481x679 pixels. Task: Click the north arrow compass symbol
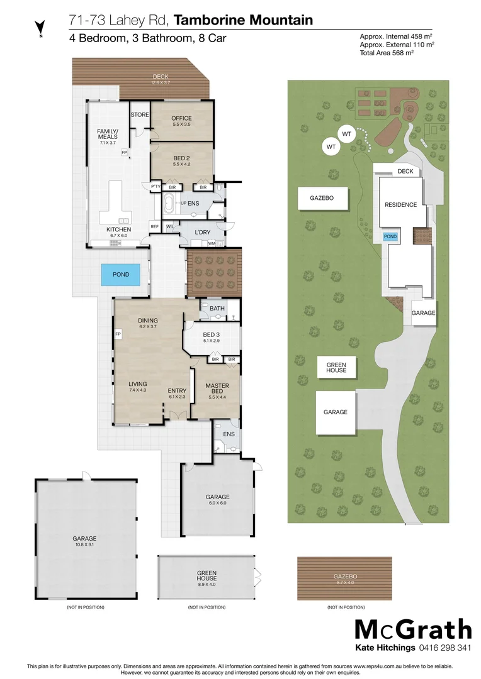(40, 27)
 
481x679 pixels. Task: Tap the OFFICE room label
(182, 118)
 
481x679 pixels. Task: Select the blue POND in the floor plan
(121, 274)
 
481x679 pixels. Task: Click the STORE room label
(139, 115)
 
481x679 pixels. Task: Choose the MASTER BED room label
(217, 389)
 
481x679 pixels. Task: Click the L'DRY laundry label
(202, 232)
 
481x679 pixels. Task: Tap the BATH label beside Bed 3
(217, 308)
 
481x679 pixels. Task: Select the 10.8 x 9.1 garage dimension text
(84, 545)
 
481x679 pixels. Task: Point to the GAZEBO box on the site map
(320, 198)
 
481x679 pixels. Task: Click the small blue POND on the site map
(390, 236)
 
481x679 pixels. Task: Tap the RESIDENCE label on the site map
(400, 205)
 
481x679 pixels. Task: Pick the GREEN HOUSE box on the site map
(336, 367)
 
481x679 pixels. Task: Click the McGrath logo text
(412, 630)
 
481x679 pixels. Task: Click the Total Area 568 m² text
(386, 53)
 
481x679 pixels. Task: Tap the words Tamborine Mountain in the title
(243, 21)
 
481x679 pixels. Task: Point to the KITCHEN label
(118, 229)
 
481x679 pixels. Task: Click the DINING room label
(147, 320)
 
